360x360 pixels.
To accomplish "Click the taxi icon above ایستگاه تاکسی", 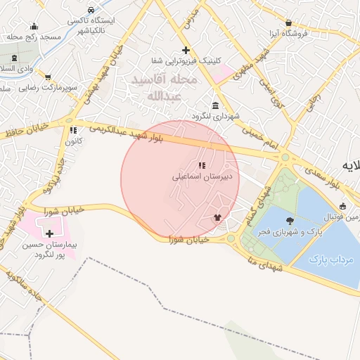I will tap(91, 11).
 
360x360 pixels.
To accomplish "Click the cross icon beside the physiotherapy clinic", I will tap(186, 50).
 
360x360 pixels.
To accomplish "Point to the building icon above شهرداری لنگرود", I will tap(214, 105).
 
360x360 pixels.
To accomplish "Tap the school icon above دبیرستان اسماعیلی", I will tap(202, 165).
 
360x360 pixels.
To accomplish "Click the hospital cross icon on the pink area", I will tap(49, 233).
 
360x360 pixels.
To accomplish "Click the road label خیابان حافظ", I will tap(27, 131).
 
